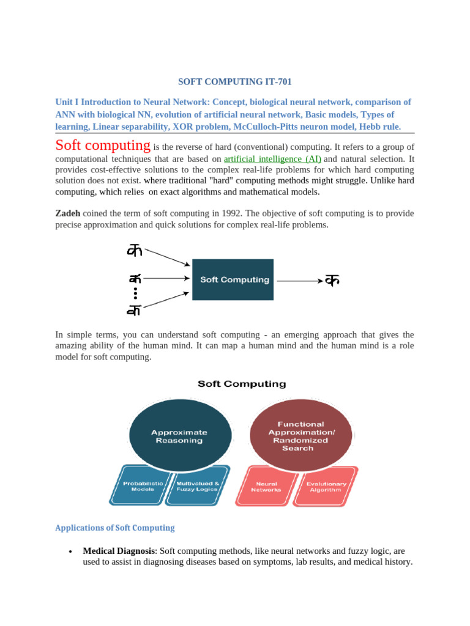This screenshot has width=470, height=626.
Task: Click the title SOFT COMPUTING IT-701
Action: coord(234,82)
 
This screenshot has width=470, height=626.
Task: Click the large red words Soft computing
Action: coord(103,145)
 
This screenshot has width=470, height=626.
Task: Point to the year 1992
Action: coord(231,213)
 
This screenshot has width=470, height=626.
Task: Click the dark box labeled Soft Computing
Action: coord(233,279)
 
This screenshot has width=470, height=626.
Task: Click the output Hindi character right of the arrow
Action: coord(332,281)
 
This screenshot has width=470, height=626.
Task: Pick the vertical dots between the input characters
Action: coord(135,295)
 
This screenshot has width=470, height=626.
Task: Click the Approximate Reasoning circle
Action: coord(179,436)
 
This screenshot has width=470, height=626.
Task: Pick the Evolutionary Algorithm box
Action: coord(326,486)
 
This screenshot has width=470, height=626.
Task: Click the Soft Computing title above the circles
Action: coord(241,384)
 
